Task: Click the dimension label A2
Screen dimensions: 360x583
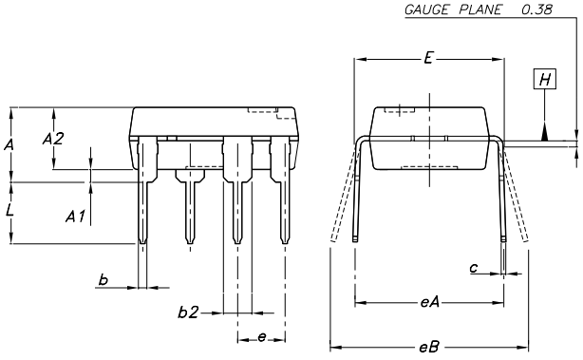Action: click(53, 139)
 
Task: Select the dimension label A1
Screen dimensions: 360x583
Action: click(76, 218)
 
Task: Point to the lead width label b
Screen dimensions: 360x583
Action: click(103, 278)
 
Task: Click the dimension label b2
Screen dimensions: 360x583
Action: click(189, 312)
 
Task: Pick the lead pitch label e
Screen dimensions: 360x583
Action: click(261, 336)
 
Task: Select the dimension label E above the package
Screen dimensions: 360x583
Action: click(428, 59)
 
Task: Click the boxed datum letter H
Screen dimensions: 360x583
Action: click(544, 80)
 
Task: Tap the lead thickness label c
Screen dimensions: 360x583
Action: click(474, 268)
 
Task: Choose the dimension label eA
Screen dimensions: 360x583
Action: click(428, 303)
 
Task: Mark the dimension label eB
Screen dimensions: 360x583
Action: click(428, 347)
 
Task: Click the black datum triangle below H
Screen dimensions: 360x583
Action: click(544, 132)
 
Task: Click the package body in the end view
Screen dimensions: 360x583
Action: click(429, 138)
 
